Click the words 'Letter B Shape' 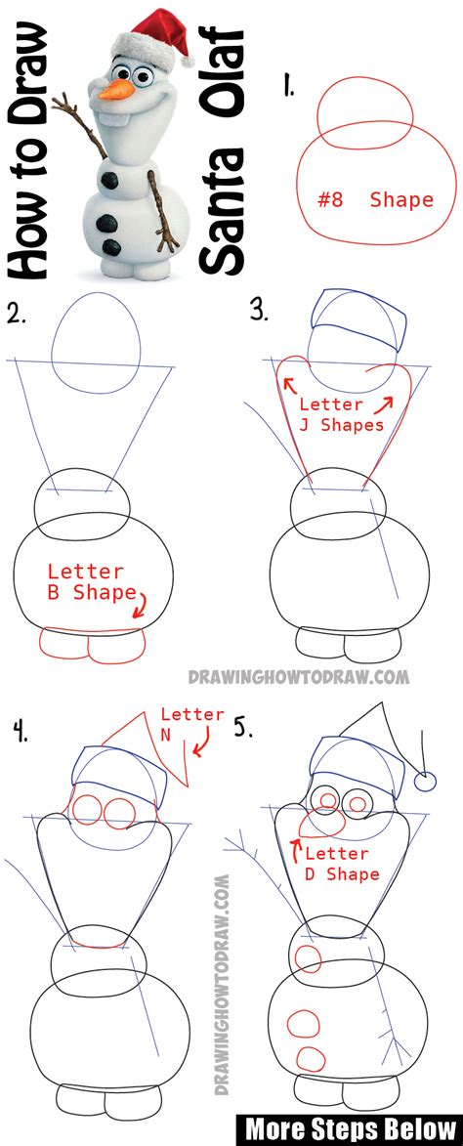point(86,581)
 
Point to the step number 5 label point(244,728)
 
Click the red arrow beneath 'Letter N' point(203,749)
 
